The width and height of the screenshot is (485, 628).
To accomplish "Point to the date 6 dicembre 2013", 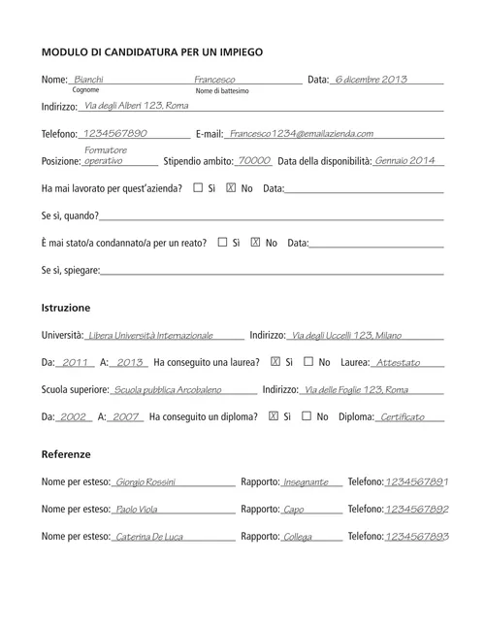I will tap(370, 79).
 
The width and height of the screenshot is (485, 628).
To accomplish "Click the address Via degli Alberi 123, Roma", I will tap(137, 105).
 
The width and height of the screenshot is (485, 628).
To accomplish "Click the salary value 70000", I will tap(254, 160).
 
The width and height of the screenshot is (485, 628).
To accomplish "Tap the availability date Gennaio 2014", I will tap(405, 160).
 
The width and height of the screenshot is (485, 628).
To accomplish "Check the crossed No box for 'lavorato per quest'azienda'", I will tap(230, 187).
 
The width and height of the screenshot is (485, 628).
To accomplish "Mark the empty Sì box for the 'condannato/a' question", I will tap(223, 242).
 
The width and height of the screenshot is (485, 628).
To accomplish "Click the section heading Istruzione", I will tap(66, 307).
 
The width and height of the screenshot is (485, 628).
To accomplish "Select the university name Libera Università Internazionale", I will tap(150, 335).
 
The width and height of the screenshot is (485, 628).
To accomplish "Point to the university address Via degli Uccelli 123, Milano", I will tap(347, 335).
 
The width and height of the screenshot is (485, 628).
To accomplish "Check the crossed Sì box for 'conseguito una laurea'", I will tap(275, 362).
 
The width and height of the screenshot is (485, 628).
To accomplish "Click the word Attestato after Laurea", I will tap(398, 363).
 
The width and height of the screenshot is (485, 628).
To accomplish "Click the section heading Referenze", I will tap(66, 454).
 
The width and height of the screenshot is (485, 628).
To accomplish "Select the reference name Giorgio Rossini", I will tap(145, 482).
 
